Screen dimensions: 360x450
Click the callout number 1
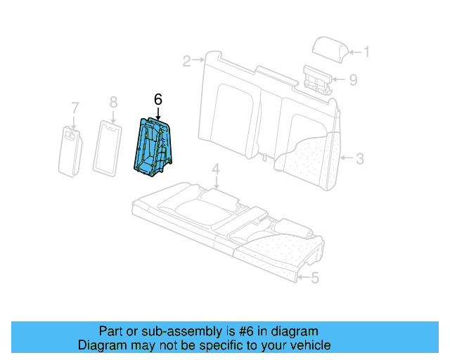pyautogui.click(x=366, y=51)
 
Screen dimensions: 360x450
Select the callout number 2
pyautogui.click(x=186, y=61)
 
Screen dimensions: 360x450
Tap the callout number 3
pyautogui.click(x=359, y=159)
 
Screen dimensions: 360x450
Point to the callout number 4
pyautogui.click(x=216, y=169)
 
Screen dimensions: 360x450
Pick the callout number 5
pyautogui.click(x=314, y=278)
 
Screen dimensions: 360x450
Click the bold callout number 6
pyautogui.click(x=158, y=101)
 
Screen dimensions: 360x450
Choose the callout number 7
pyautogui.click(x=75, y=108)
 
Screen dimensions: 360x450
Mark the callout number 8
pyautogui.click(x=113, y=103)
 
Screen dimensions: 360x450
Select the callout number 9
pyautogui.click(x=353, y=79)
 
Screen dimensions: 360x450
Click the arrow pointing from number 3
pyautogui.click(x=347, y=159)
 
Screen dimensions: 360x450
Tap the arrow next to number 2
pyautogui.click(x=199, y=61)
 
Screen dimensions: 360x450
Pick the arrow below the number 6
pyautogui.click(x=158, y=112)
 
